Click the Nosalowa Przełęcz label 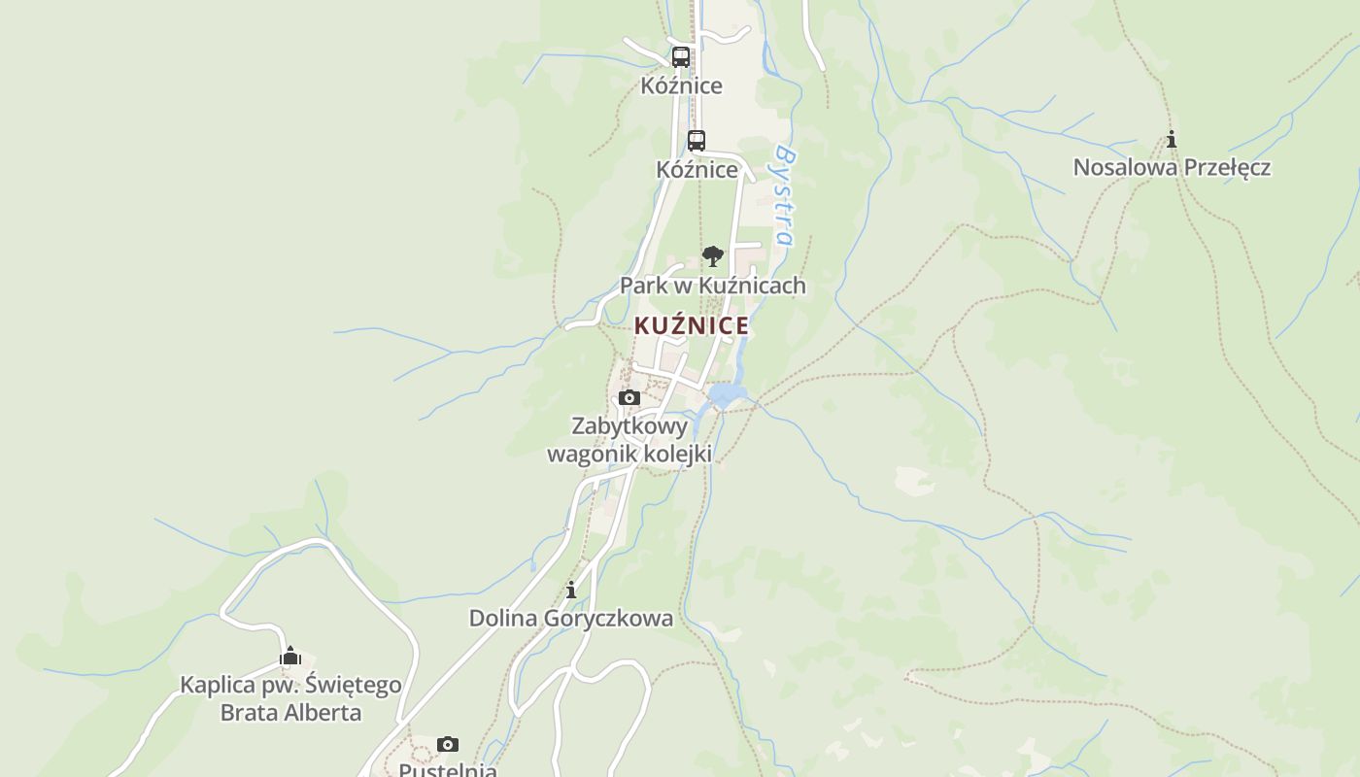click(x=1172, y=167)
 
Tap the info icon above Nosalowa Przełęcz click(x=1172, y=139)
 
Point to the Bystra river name click(x=785, y=197)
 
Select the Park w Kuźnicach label click(x=713, y=286)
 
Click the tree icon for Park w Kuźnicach click(x=713, y=256)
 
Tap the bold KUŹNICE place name click(x=692, y=326)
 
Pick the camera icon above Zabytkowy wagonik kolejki click(x=629, y=397)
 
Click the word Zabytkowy click(x=629, y=425)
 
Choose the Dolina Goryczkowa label click(x=571, y=618)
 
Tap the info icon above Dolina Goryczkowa click(x=571, y=590)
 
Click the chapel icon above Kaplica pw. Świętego click(x=290, y=657)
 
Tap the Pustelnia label click(x=448, y=769)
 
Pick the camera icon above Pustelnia click(x=448, y=745)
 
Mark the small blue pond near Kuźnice click(x=727, y=394)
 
